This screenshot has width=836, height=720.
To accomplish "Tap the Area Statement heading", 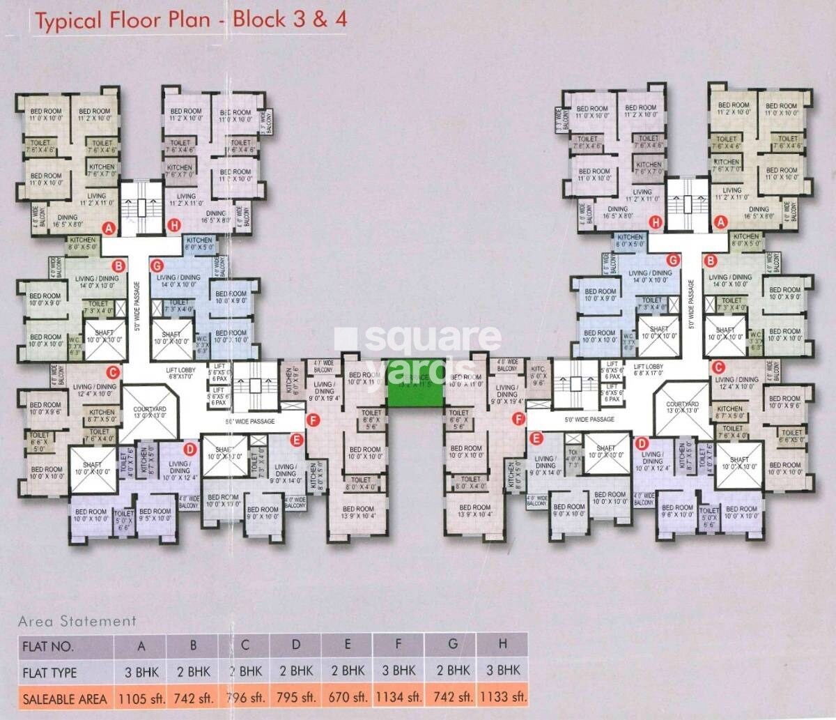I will coord(77,620).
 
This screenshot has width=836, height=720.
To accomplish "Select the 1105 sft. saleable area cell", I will coord(142,698).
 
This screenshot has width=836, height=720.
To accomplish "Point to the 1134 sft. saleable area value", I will coord(398,698).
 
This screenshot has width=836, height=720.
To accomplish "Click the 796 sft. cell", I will coord(245,698).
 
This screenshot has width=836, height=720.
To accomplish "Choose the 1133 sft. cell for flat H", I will coord(500,698).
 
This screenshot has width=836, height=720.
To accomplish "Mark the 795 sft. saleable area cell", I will coord(296,698).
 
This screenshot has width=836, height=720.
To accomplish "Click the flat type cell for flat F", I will coord(398,671).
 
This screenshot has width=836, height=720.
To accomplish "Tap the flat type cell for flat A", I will coord(142,671).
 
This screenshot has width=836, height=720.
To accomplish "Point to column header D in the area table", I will coord(296,645).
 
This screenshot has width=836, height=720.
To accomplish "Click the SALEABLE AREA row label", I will coord(65,698).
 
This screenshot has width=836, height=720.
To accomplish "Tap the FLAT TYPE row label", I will coord(50,672).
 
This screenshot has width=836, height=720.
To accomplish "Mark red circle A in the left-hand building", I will coord(108,228).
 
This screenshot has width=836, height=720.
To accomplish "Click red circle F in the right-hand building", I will coord(518,420).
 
